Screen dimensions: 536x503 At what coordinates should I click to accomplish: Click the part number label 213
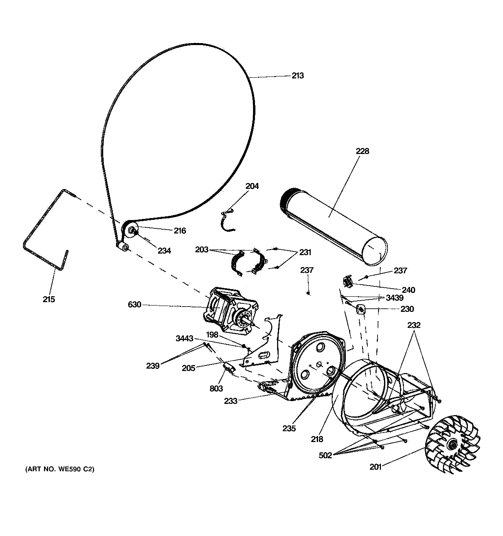pos(297,76)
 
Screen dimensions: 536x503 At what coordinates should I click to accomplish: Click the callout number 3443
pos(185,338)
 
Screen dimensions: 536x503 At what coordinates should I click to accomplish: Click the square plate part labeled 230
pos(361,309)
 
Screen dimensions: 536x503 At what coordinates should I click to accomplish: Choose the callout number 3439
pos(394,298)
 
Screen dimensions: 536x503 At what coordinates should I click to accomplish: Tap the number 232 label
pos(414,325)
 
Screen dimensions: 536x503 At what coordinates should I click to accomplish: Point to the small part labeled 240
pos(347,282)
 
